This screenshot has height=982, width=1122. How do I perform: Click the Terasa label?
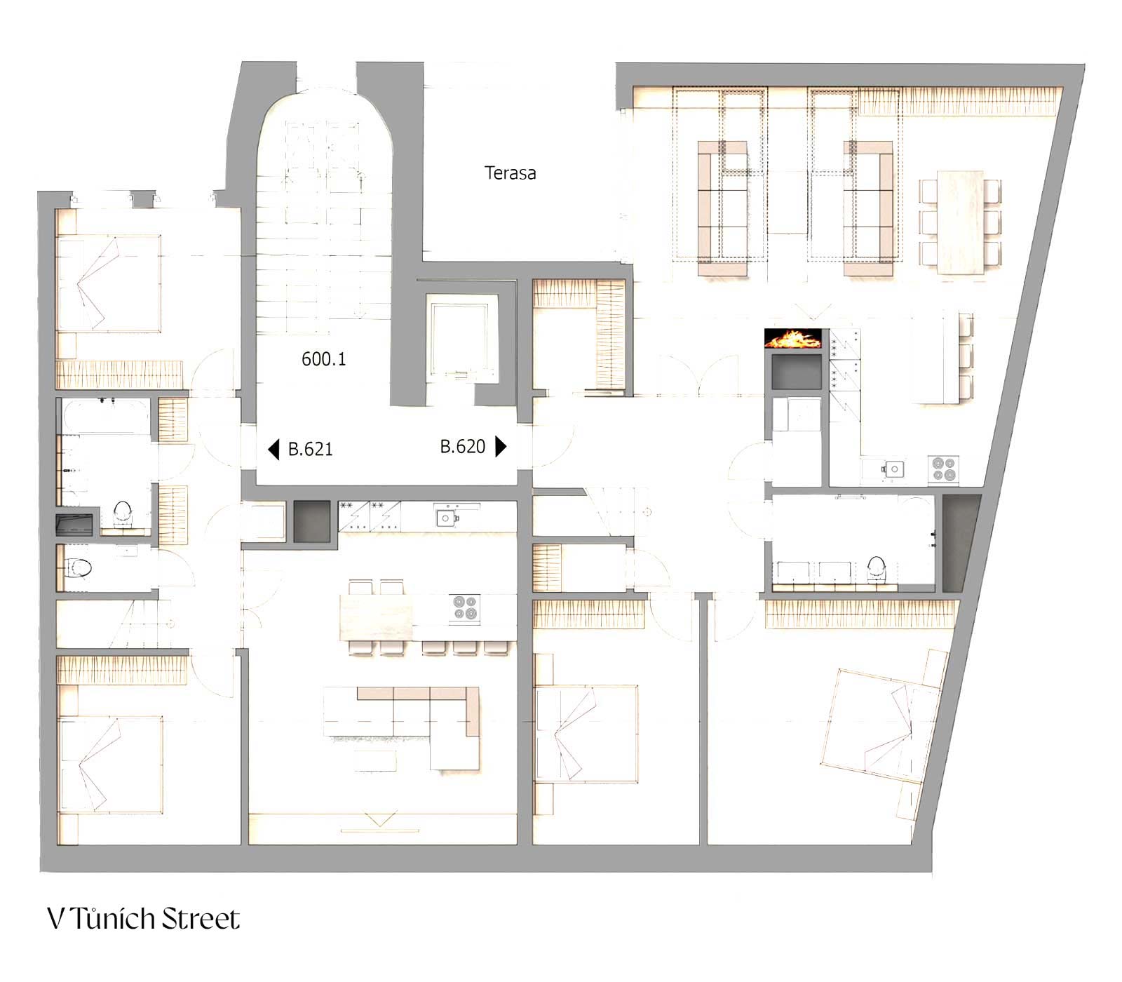click(510, 173)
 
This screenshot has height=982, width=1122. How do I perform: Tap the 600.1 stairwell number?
click(323, 359)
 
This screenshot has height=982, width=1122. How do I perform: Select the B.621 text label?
click(310, 449)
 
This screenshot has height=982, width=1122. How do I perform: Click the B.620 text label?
click(462, 446)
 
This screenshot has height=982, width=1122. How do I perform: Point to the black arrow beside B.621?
click(273, 449)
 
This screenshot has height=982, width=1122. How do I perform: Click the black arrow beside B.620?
click(501, 446)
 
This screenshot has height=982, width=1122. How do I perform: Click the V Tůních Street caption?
click(144, 919)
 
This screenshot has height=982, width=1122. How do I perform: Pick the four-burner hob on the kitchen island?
click(464, 608)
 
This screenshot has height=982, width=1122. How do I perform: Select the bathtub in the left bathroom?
click(106, 416)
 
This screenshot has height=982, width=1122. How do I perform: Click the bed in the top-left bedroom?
click(109, 283)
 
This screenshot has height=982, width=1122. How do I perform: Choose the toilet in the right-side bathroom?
click(877, 569)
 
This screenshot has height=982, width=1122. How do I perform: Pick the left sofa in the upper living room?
click(724, 208)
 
